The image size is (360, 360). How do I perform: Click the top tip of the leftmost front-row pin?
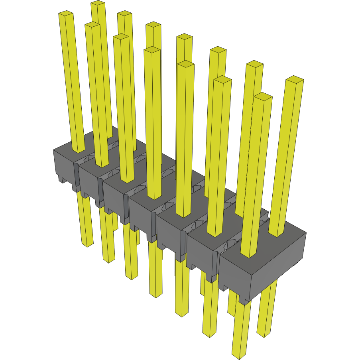coord(66,14)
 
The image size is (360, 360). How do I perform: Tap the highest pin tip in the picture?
coord(98,3)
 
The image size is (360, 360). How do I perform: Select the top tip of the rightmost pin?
coord(295,79)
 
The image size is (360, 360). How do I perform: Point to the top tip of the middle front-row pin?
coord(152,50)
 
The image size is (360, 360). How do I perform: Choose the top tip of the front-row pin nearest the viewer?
coord(263,96)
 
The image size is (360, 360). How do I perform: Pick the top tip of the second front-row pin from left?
coord(92,25)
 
